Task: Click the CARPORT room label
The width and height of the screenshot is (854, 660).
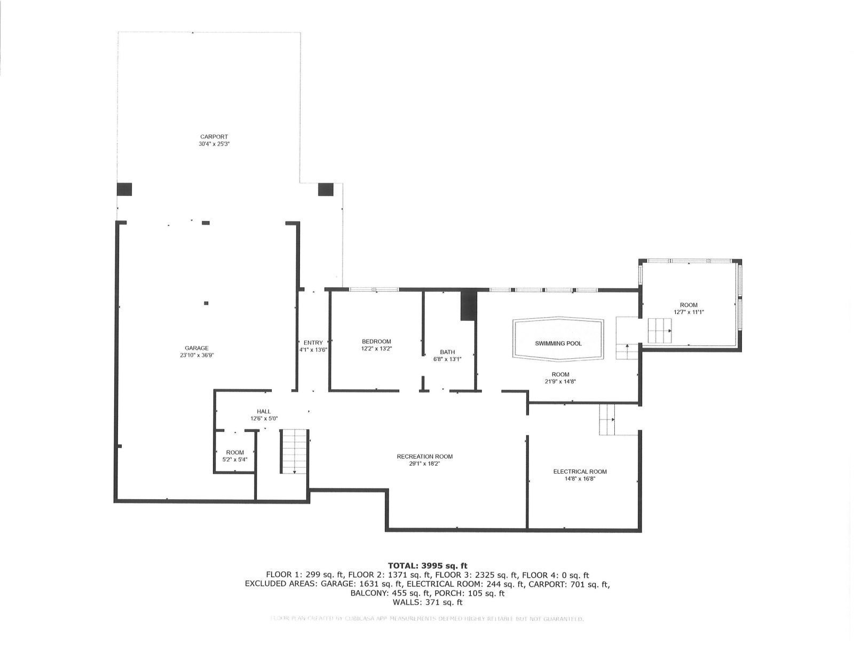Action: point(213,137)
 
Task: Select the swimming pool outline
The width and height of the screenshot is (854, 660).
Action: point(558,339)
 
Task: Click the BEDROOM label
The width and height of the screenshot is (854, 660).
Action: point(376,342)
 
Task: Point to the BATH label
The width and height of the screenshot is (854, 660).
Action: point(447,352)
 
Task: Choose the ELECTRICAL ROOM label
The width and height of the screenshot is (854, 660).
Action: point(580,472)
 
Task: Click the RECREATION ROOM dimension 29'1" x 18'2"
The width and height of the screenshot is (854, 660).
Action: point(424,464)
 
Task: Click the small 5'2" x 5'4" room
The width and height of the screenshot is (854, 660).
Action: point(235,455)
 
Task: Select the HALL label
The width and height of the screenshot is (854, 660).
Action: point(264,411)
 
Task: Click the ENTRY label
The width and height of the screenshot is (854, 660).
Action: point(313,343)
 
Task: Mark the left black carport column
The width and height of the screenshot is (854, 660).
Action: point(124,189)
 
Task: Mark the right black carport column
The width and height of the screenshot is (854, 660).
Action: point(325,189)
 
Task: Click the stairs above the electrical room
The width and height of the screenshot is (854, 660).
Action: point(607,419)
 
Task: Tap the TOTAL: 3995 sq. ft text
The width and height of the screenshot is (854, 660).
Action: point(427,565)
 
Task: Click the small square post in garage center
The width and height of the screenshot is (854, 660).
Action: point(207,303)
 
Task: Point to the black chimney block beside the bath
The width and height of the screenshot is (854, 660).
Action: point(468,305)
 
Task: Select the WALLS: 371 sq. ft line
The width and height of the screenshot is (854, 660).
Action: point(427,602)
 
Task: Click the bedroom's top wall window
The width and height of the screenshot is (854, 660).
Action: point(374,290)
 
